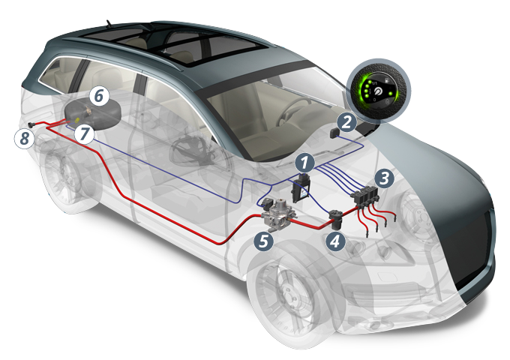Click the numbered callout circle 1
point(304,162)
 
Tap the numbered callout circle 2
point(346,122)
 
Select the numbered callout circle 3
point(385,178)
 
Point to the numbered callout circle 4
point(335,241)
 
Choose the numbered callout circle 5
point(264,241)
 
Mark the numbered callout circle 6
point(99,96)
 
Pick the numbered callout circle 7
point(84,133)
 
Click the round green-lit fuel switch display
point(378,91)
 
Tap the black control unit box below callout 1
point(301,188)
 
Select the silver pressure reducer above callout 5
point(279,214)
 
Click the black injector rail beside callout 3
point(365,196)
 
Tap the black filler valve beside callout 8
point(31,124)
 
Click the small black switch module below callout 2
point(334,133)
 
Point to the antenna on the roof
point(109,23)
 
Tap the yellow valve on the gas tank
point(76,120)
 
